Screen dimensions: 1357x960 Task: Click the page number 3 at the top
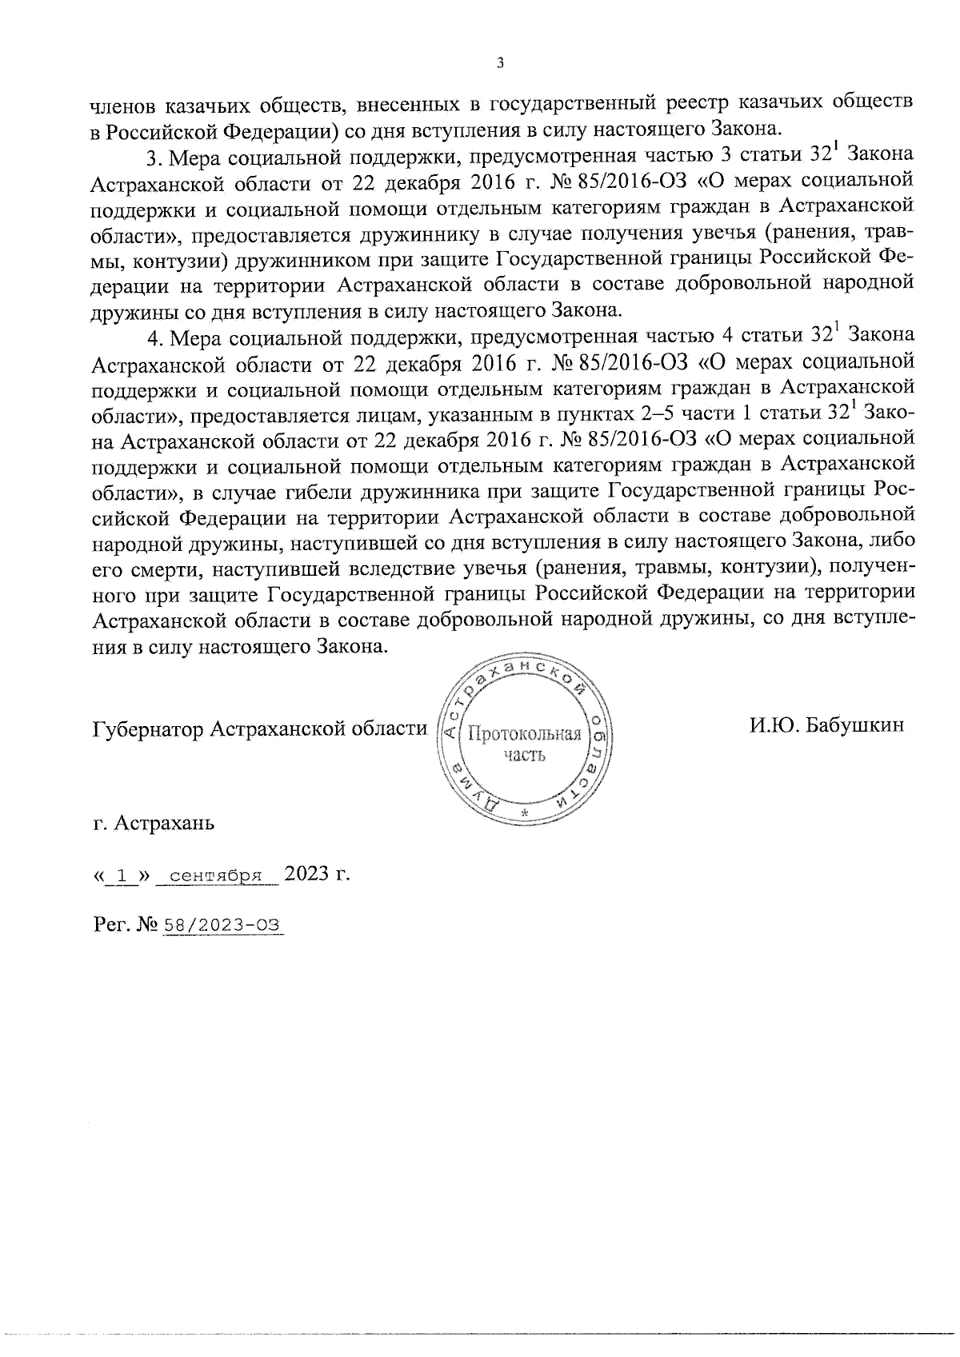(x=499, y=63)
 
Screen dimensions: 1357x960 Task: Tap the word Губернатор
(x=148, y=729)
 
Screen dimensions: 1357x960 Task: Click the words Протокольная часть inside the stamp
(x=524, y=744)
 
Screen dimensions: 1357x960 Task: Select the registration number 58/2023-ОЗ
(x=222, y=925)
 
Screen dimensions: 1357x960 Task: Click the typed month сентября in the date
(x=217, y=875)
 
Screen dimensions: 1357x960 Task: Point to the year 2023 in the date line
(x=307, y=873)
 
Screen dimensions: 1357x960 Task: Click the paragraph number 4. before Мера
(x=154, y=337)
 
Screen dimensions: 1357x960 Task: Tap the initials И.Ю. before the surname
(x=775, y=725)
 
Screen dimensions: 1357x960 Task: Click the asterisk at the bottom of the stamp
(x=526, y=813)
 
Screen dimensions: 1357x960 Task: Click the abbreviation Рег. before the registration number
(x=112, y=925)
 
